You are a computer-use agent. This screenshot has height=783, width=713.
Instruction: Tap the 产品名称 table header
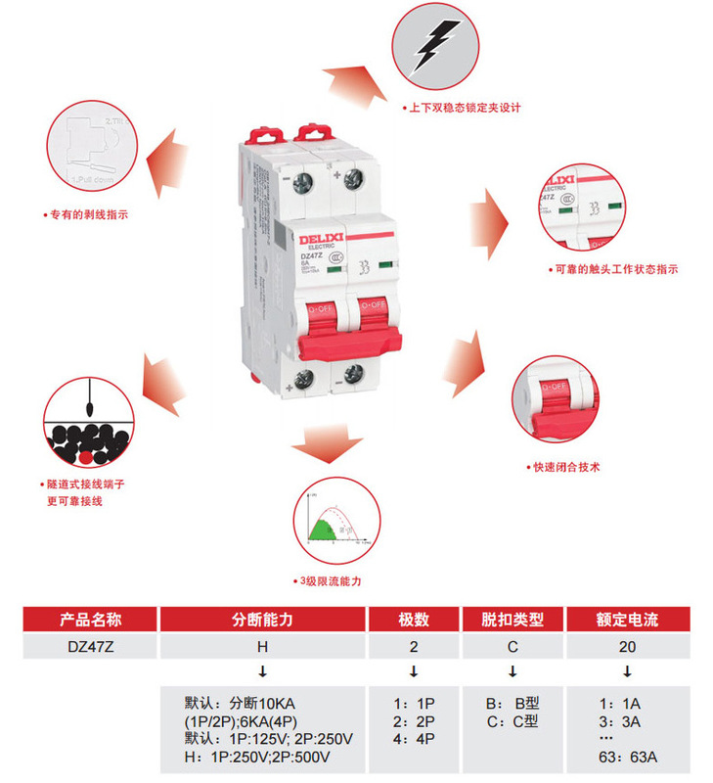[90, 620]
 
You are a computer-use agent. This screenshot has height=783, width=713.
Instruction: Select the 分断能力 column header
[261, 620]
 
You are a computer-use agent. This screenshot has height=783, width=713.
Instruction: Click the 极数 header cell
[414, 620]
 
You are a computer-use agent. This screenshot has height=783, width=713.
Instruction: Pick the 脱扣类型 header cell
[512, 620]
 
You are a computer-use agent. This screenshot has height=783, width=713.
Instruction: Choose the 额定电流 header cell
[627, 620]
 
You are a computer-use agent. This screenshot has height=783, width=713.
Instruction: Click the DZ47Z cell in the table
[90, 646]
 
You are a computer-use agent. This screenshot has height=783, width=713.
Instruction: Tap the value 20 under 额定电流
[627, 646]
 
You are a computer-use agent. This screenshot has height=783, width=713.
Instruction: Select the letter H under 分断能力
[261, 646]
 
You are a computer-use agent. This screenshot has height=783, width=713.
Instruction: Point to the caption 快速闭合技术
[564, 468]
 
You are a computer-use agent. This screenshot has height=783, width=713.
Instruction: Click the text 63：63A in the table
[626, 757]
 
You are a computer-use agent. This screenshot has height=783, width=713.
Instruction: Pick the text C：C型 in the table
[512, 722]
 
